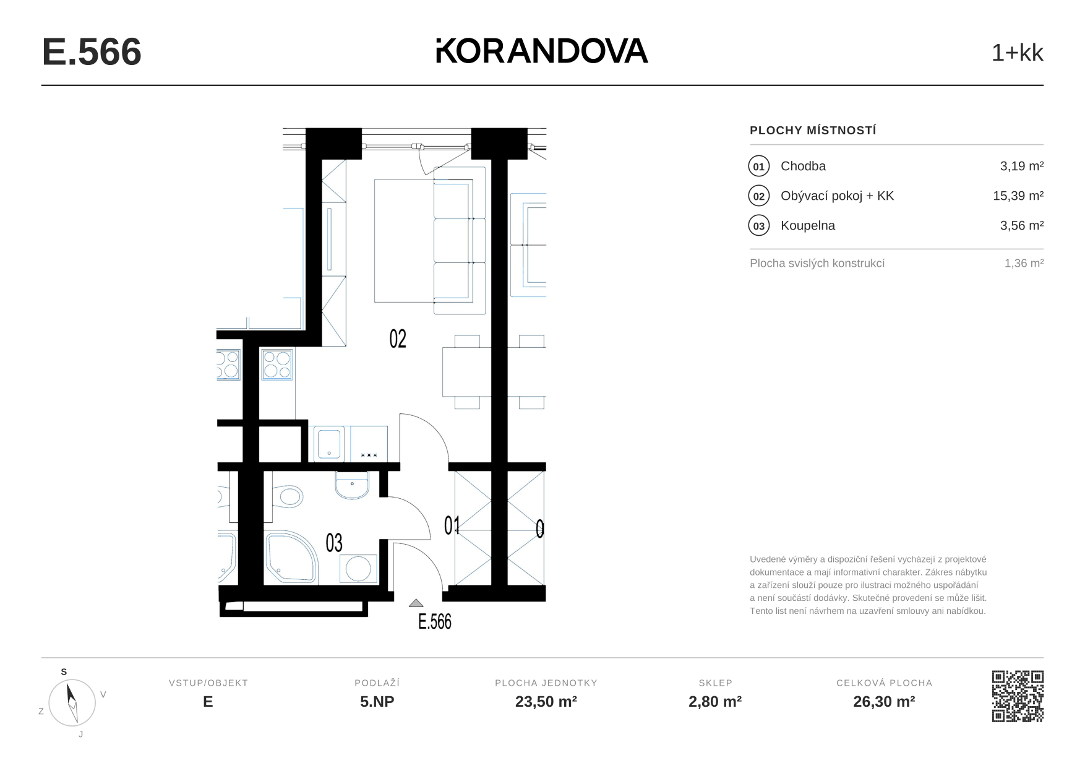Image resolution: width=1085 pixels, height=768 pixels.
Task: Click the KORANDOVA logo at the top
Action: click(x=542, y=51)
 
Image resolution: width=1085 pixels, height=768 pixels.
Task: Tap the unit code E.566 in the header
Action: click(x=92, y=52)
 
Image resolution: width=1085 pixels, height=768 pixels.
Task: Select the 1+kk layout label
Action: click(x=1017, y=53)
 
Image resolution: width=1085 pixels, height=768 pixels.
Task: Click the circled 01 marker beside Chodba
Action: click(x=758, y=166)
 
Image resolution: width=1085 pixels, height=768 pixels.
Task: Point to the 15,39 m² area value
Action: click(x=1018, y=196)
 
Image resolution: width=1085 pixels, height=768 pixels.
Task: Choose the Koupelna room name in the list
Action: click(x=807, y=226)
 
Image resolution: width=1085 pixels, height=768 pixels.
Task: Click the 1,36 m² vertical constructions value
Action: click(x=1024, y=263)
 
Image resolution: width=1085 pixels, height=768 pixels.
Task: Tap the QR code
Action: click(x=1018, y=696)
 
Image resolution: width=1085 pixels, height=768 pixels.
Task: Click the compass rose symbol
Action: click(x=72, y=702)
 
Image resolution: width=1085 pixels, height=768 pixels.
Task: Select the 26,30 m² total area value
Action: click(x=884, y=702)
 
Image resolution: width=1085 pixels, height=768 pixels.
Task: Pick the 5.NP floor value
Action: click(x=377, y=702)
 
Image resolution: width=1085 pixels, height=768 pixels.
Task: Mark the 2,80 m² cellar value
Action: click(x=715, y=702)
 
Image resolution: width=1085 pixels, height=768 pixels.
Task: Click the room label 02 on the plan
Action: click(x=398, y=339)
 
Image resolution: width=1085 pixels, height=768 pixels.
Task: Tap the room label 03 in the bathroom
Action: click(x=334, y=543)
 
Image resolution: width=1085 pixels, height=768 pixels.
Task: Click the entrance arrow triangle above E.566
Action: click(x=416, y=603)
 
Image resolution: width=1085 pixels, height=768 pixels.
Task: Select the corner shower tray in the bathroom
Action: click(x=291, y=557)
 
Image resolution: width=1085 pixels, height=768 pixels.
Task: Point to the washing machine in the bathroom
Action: click(x=358, y=569)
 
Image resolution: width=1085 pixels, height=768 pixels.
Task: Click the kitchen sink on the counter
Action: click(x=329, y=444)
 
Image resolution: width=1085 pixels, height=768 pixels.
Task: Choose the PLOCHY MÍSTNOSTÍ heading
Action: click(x=813, y=131)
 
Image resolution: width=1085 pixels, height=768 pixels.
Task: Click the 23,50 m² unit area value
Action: click(x=546, y=702)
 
